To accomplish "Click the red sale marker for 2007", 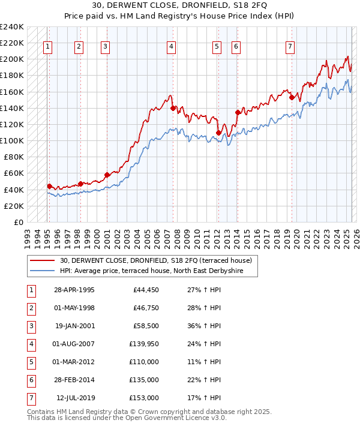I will (x=173, y=108).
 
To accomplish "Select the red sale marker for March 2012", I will (x=219, y=133).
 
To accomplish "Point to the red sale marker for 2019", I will (x=292, y=97).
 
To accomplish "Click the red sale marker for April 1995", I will (x=49, y=186).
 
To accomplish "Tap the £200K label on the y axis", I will (x=13, y=59).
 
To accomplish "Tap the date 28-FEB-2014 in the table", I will (x=74, y=380).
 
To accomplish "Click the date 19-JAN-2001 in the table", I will (x=74, y=328).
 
